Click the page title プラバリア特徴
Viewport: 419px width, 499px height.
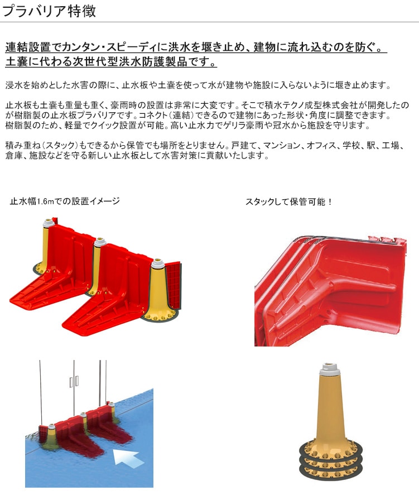[x=49, y=11]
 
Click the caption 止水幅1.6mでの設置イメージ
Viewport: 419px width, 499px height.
[x=65, y=201]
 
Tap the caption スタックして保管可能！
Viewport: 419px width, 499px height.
[x=289, y=201]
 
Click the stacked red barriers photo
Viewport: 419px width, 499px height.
[x=330, y=291]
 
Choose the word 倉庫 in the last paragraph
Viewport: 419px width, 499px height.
[x=13, y=156]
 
